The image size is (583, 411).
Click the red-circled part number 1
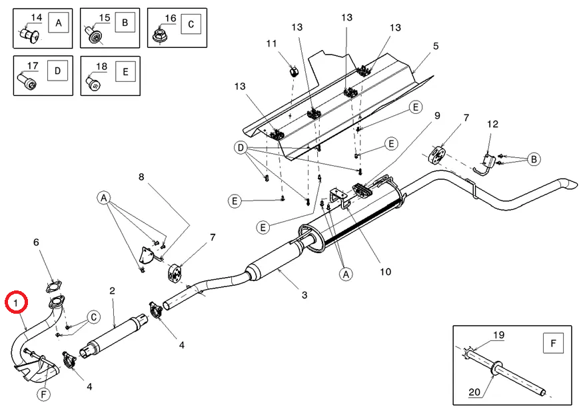point(16,302)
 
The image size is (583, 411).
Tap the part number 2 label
point(113,290)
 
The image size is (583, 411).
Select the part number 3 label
point(304,295)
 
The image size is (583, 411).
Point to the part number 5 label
point(436,46)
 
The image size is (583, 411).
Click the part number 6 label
point(36,242)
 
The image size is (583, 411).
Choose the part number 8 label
point(141,177)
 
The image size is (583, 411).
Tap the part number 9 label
point(437,115)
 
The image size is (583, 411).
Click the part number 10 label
point(386,272)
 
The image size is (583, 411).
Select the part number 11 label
point(271,43)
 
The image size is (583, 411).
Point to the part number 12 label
point(492,124)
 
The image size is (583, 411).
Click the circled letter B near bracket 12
point(534,159)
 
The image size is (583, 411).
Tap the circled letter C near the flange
point(94,317)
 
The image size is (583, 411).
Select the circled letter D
point(241,148)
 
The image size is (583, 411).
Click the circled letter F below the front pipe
point(43,394)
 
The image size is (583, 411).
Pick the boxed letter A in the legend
point(59,23)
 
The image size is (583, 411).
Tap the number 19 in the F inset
point(498,335)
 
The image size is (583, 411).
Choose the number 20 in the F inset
point(474,392)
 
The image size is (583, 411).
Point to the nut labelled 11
point(294,71)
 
